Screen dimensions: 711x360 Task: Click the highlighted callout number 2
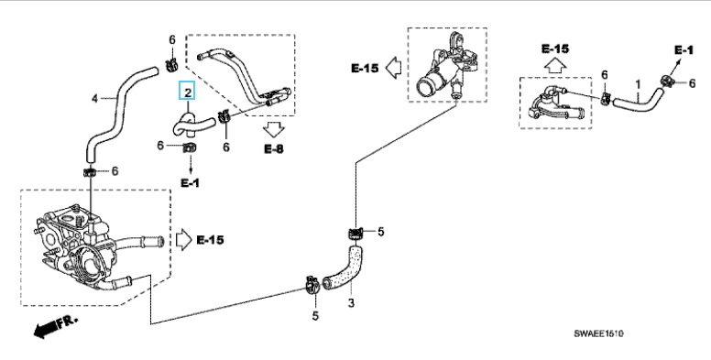tap(188, 93)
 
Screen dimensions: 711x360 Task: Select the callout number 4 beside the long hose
tap(94, 98)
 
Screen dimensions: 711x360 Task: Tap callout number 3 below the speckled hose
tap(351, 303)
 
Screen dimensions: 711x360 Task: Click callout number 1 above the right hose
tap(638, 84)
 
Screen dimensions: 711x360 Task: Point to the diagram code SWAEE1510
tap(598, 333)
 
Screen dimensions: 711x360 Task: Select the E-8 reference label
tap(274, 148)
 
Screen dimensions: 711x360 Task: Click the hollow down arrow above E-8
tap(273, 130)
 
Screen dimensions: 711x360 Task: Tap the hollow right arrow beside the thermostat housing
tap(183, 240)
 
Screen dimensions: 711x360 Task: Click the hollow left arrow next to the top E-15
tap(393, 68)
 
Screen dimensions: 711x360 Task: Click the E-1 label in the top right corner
tap(684, 49)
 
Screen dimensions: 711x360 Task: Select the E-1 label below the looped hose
tap(190, 183)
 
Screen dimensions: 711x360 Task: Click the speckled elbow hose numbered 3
tap(345, 270)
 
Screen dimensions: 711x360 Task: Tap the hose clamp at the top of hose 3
tap(355, 234)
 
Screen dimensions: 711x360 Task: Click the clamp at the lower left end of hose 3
tap(312, 284)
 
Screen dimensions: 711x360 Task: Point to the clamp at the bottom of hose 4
tap(90, 172)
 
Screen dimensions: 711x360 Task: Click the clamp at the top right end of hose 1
tap(667, 82)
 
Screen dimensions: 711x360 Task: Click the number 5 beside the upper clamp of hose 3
tap(381, 232)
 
